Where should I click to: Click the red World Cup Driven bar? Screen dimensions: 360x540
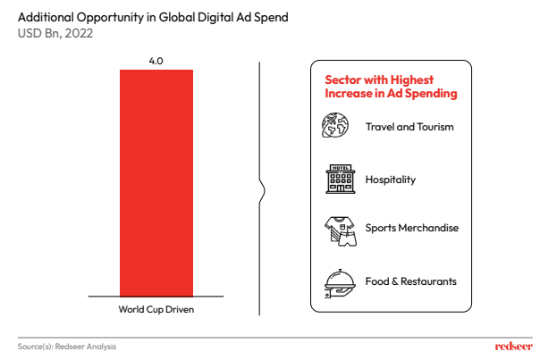click(156, 183)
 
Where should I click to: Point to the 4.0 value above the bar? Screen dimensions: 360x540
click(156, 61)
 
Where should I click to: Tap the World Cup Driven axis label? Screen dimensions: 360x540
click(156, 309)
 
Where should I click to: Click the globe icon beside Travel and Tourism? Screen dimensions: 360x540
click(335, 126)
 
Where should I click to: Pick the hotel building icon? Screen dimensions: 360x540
click(339, 179)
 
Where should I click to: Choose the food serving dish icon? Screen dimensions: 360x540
click(339, 281)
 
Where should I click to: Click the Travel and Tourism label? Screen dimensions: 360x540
click(409, 126)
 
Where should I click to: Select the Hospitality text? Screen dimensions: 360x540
click(391, 179)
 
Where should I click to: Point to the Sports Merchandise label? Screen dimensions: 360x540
click(411, 228)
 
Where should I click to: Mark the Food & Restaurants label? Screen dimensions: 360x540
click(410, 281)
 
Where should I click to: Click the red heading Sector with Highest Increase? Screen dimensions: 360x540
click(391, 87)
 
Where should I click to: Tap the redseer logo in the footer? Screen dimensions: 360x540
click(513, 346)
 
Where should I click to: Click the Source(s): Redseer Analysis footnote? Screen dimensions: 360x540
click(67, 346)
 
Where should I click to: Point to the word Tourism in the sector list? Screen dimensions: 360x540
click(434, 126)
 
